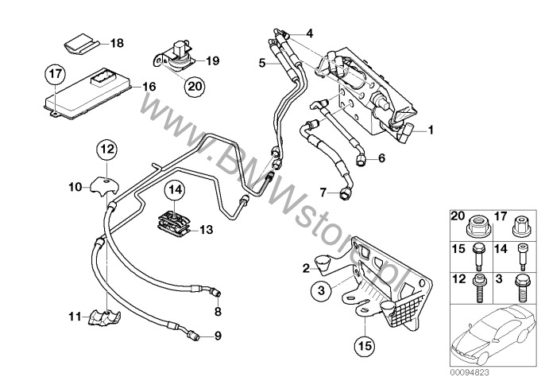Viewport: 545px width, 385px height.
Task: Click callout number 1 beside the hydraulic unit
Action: [x=431, y=129]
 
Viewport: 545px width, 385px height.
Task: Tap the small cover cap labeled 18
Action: [x=79, y=41]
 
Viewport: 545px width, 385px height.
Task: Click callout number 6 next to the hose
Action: [x=381, y=157]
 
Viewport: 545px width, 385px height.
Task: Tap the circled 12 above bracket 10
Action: [x=107, y=148]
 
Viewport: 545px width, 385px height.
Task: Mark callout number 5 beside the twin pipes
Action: [x=264, y=60]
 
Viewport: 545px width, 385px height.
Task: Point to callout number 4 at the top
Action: [x=309, y=33]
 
